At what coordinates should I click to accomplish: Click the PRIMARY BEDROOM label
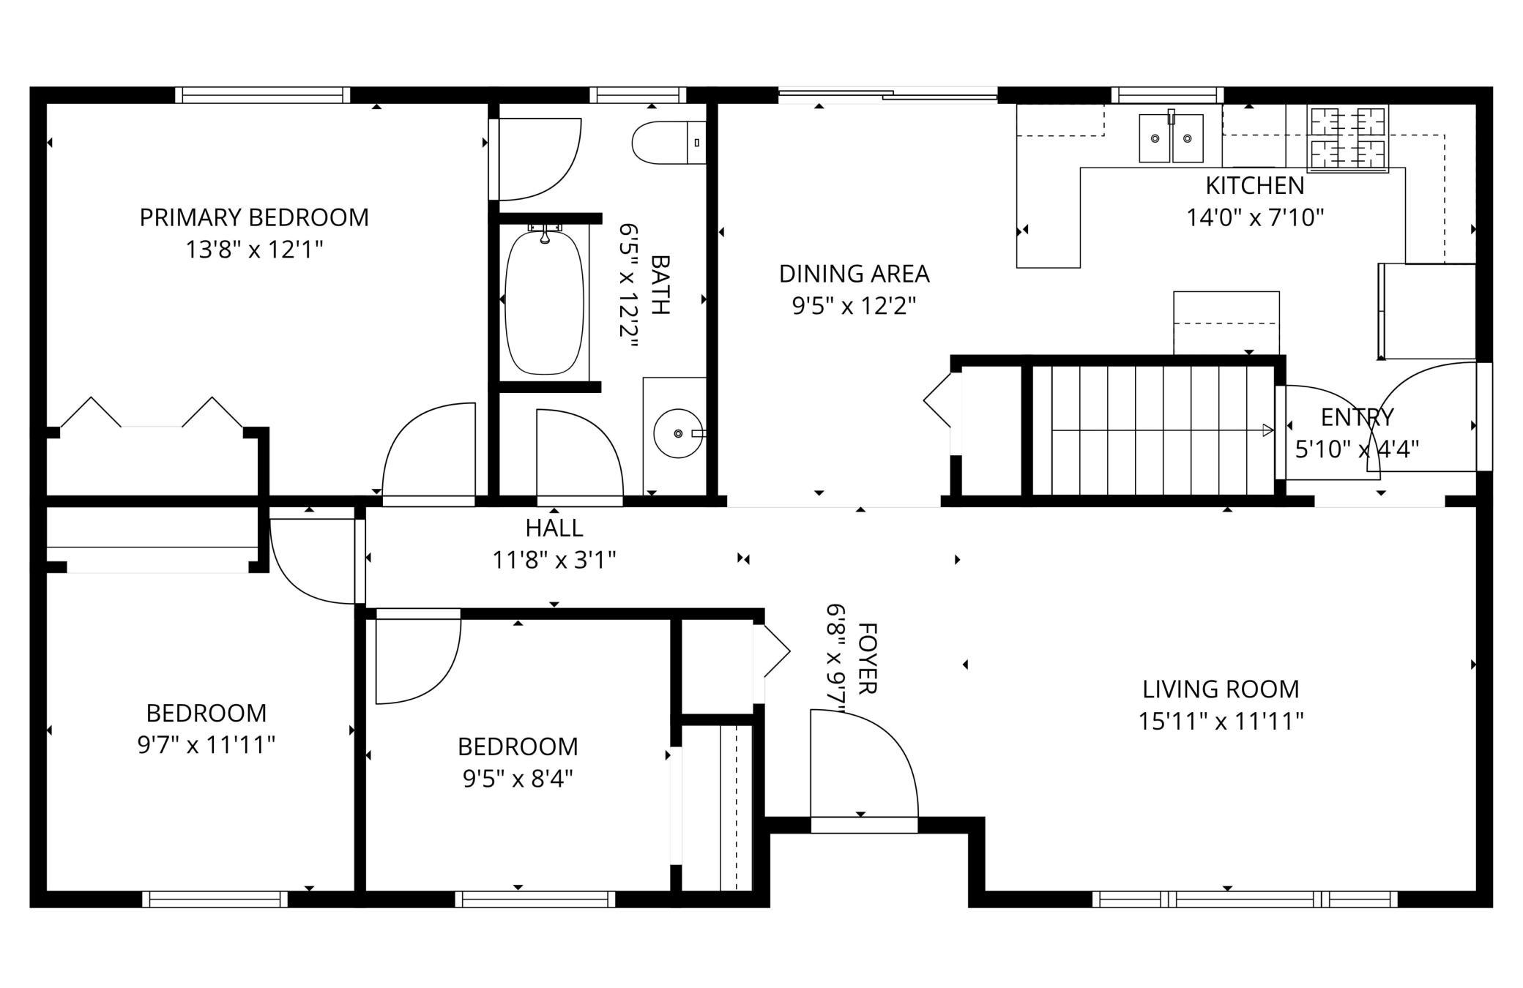click(x=254, y=217)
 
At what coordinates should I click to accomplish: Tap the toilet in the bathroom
click(x=669, y=143)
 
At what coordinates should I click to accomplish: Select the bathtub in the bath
click(x=545, y=300)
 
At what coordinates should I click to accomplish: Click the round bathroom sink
click(x=678, y=434)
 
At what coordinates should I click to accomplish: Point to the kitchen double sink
click(x=1171, y=138)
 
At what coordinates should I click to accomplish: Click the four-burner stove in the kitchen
click(x=1347, y=138)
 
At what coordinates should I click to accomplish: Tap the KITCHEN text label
click(x=1255, y=186)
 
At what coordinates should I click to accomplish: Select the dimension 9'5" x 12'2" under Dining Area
click(x=854, y=305)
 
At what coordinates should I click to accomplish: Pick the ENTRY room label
click(x=1357, y=417)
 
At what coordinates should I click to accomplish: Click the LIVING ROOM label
click(x=1221, y=689)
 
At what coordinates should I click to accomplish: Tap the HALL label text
click(x=554, y=528)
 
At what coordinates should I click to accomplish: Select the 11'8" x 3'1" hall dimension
click(x=554, y=560)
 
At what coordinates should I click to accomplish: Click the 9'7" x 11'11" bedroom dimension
click(x=206, y=745)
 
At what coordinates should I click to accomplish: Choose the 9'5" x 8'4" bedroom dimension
click(x=518, y=779)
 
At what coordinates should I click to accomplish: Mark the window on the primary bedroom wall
click(x=263, y=95)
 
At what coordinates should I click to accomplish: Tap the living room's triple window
click(x=1245, y=899)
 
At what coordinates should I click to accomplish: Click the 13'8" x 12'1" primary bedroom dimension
click(x=254, y=250)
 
